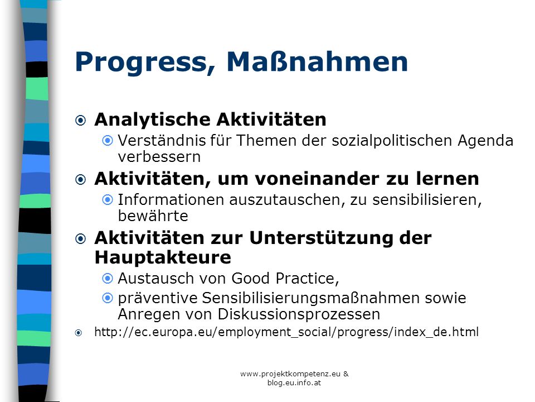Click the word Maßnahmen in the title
click(x=317, y=61)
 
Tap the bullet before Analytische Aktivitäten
click(x=80, y=121)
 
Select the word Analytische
click(x=153, y=120)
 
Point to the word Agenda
click(x=485, y=141)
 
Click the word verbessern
click(x=159, y=157)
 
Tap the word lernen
click(x=448, y=179)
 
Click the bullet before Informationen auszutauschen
click(x=108, y=200)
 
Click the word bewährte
click(x=153, y=216)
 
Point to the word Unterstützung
click(x=321, y=238)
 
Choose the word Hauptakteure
click(x=163, y=257)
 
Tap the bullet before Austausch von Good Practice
click(x=108, y=279)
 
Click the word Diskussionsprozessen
click(x=299, y=314)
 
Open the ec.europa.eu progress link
click(x=286, y=332)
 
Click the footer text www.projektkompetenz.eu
click(x=290, y=374)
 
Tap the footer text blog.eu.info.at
click(x=294, y=383)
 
